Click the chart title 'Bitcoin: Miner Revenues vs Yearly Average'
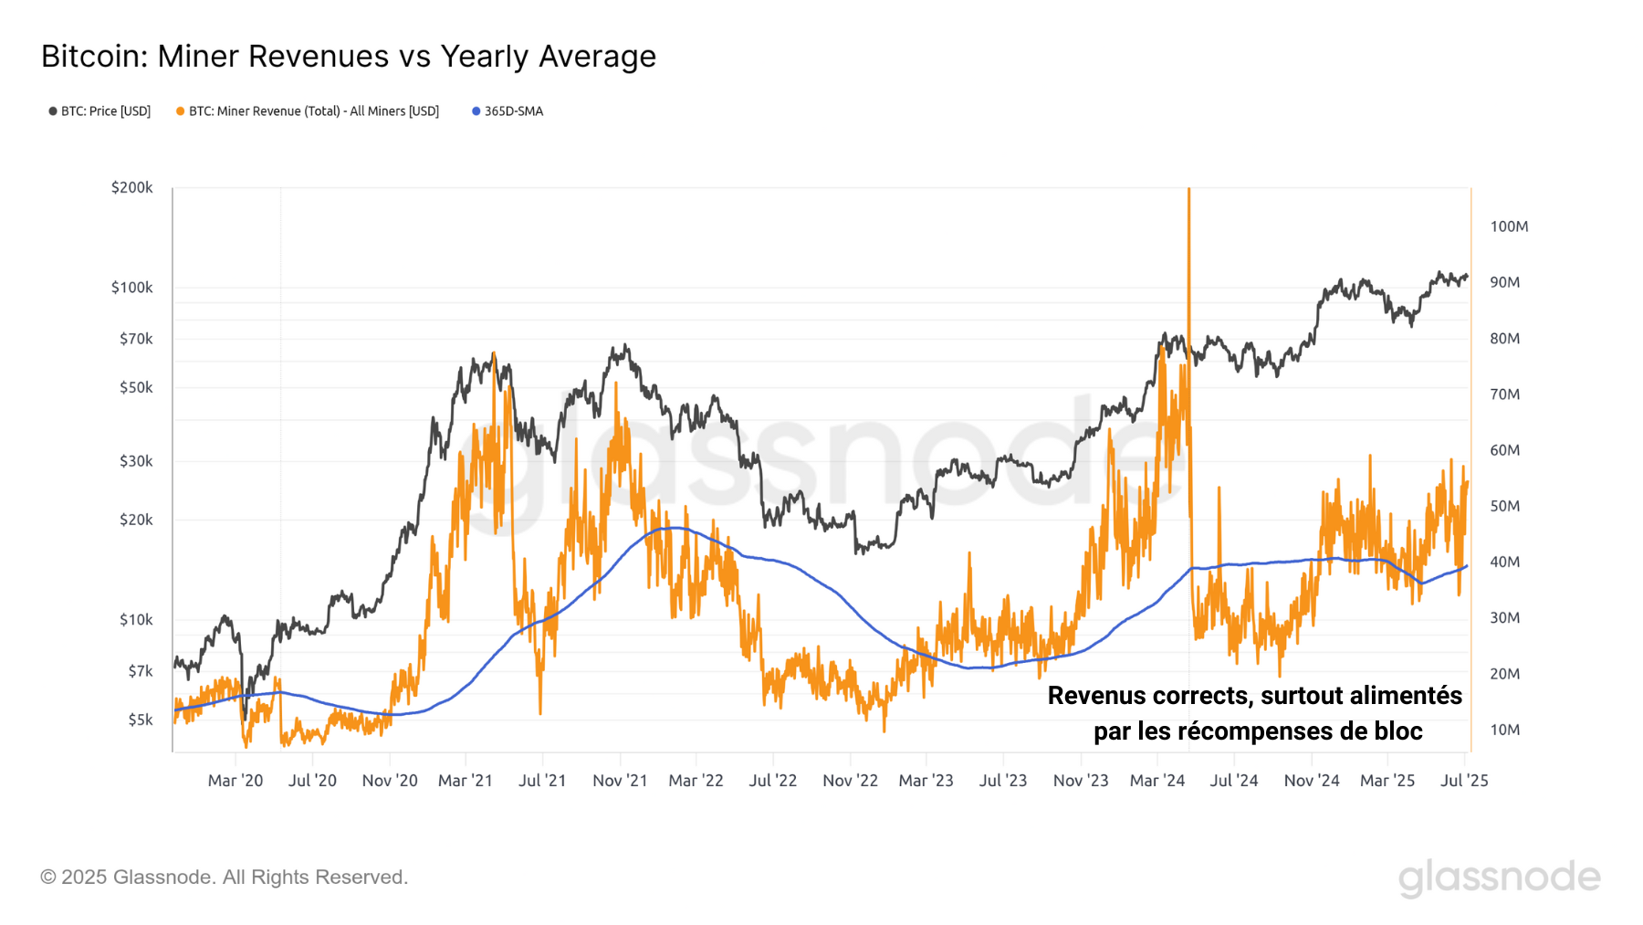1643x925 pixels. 348,57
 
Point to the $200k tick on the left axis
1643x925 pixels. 132,187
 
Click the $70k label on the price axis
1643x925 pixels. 136,339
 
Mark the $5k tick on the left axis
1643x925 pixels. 140,720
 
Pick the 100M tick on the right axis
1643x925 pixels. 1509,226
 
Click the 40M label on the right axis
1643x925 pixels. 1505,562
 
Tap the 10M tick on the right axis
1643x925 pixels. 1505,730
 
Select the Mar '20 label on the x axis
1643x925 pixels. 235,781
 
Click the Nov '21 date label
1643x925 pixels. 620,781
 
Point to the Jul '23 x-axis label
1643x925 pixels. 1003,781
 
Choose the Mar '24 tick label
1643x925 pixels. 1157,781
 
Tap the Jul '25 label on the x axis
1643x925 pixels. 1464,781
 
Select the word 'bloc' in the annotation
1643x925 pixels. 1397,731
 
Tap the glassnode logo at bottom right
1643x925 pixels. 1499,878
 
